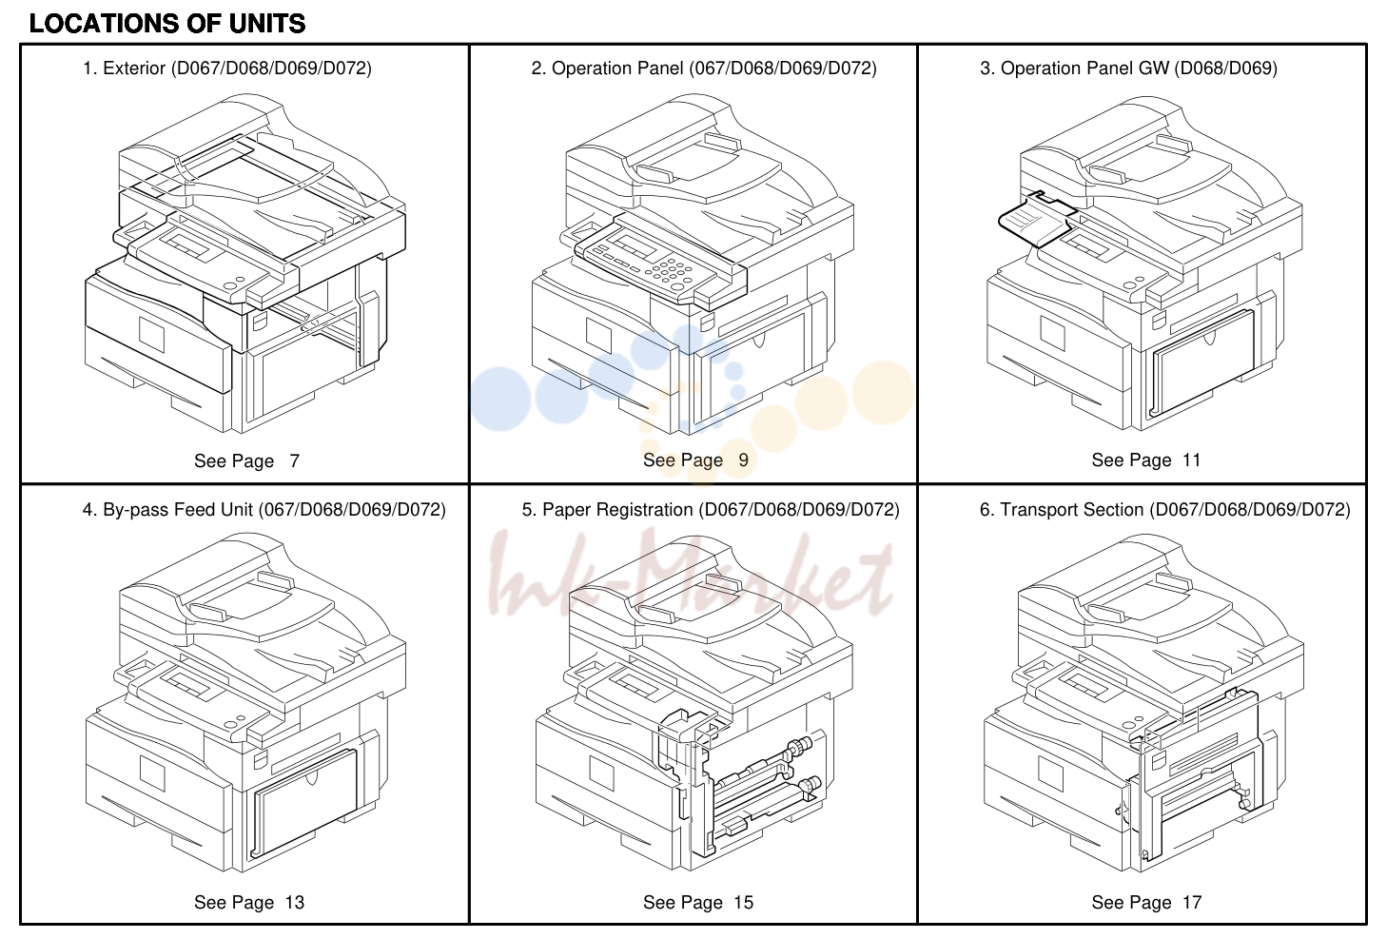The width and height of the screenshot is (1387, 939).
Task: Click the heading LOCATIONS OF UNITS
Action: tap(167, 24)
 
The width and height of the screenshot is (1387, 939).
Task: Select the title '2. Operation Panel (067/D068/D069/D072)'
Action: tap(704, 68)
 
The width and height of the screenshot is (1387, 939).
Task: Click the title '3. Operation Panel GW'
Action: tap(1074, 68)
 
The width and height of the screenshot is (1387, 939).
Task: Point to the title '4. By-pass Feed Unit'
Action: tap(167, 510)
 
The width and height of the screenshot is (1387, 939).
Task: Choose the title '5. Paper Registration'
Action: tap(608, 510)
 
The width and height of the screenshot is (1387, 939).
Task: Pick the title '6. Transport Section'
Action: tap(1062, 510)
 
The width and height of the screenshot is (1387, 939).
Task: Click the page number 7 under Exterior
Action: tap(295, 460)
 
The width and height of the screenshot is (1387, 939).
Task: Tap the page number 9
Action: tap(744, 460)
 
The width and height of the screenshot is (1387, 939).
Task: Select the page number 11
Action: tap(1192, 460)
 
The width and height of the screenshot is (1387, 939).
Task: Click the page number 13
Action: tap(295, 903)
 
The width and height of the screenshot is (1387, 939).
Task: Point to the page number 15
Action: tap(744, 903)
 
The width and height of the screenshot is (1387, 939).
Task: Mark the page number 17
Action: tap(1192, 903)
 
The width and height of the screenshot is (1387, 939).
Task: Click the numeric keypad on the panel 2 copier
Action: tap(670, 271)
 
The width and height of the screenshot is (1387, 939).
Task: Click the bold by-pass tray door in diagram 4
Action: tap(303, 803)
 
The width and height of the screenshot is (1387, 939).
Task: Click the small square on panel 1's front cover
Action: tap(151, 335)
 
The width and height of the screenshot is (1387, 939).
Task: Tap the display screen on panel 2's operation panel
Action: tap(632, 243)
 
